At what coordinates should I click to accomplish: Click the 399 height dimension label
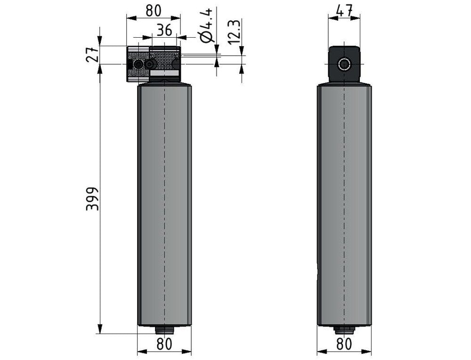[x=92, y=199]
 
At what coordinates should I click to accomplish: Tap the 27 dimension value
[x=92, y=54]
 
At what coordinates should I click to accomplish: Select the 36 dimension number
[x=164, y=30]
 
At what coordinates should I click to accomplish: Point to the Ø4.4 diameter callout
[x=206, y=25]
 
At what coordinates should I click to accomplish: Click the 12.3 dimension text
[x=234, y=32]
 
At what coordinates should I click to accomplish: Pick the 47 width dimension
[x=344, y=11]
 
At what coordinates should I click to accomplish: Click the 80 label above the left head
[x=154, y=11]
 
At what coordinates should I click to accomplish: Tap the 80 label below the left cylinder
[x=164, y=344]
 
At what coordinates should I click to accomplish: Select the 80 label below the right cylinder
[x=344, y=344]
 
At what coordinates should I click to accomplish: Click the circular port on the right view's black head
[x=344, y=64]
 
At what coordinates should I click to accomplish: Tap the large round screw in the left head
[x=138, y=64]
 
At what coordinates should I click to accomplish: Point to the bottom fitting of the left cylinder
[x=164, y=330]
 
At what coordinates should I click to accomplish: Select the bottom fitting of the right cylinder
[x=344, y=330]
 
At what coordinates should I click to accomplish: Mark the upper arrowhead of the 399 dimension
[x=100, y=70]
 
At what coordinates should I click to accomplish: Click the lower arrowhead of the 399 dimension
[x=100, y=328]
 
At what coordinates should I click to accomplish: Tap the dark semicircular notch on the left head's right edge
[x=177, y=64]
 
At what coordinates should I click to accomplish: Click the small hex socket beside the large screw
[x=150, y=64]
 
